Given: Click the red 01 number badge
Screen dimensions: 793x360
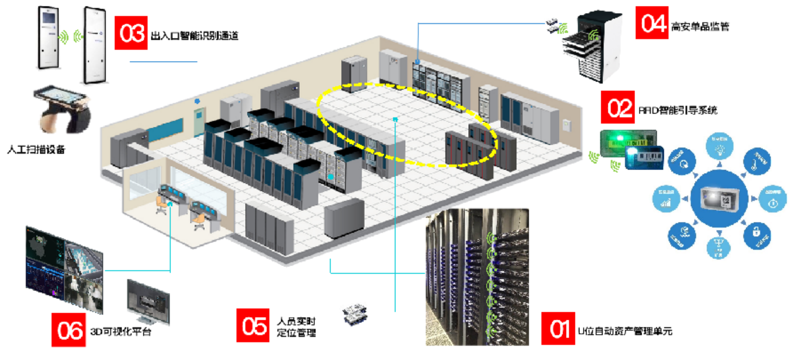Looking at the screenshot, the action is coord(558,328).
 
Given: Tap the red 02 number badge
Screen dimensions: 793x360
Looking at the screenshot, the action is coord(618,107).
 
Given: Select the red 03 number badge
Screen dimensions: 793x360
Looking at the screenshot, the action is coord(131,33).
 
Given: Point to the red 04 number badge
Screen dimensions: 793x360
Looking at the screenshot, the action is coord(652,23).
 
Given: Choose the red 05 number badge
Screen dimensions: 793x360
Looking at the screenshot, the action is coord(253,325).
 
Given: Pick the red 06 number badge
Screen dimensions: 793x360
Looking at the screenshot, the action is coord(69,330).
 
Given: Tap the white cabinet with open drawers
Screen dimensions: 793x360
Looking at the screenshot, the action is coord(592,46).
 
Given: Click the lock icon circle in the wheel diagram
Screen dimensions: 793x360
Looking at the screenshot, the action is coord(757,235).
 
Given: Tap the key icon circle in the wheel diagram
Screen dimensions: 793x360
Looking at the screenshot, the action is coord(757,161).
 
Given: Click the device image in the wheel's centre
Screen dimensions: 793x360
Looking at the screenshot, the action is coord(719,198).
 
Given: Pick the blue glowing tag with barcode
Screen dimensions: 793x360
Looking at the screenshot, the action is coord(644,158).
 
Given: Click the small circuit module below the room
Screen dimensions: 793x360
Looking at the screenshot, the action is coord(354,313).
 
